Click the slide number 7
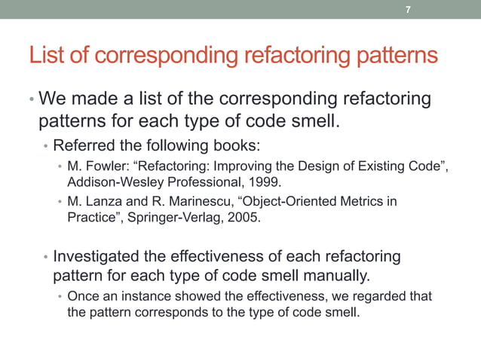coord(408,10)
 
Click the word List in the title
coord(46,56)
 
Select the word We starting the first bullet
coord(54,99)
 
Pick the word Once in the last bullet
coord(82,296)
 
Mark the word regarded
coord(381,296)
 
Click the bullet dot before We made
coord(31,100)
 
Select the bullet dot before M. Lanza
coord(60,203)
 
